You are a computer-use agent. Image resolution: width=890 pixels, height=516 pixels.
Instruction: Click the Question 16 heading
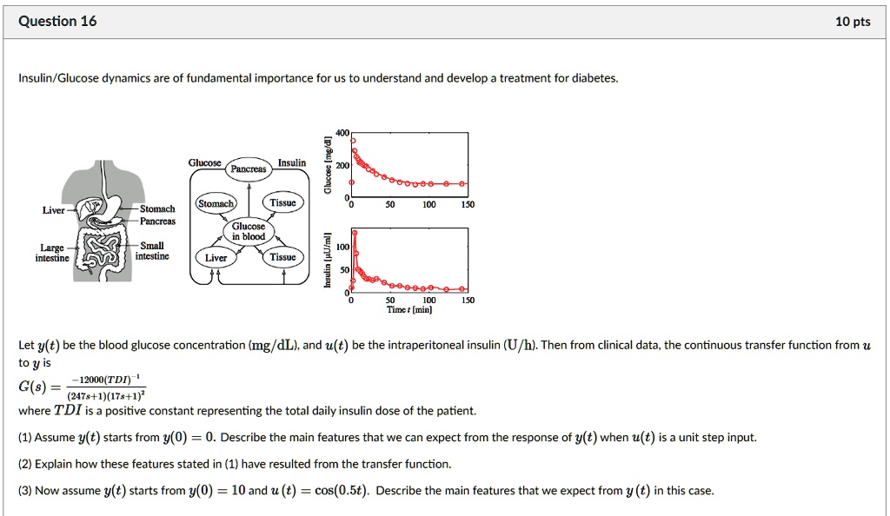click(57, 22)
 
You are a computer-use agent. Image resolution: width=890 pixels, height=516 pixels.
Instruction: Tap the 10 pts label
click(852, 22)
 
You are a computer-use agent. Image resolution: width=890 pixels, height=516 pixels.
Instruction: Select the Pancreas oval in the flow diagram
click(248, 169)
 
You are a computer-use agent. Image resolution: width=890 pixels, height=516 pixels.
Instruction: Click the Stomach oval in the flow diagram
click(215, 203)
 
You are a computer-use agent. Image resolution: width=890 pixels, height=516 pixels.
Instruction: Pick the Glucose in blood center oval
click(248, 231)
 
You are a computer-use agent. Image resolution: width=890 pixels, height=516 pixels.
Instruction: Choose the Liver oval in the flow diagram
click(216, 257)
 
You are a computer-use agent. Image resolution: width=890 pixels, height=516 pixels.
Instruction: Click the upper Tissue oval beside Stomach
click(283, 202)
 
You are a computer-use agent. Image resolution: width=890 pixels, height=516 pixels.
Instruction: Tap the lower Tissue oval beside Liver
click(282, 257)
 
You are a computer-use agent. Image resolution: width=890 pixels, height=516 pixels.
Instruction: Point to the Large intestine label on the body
click(51, 252)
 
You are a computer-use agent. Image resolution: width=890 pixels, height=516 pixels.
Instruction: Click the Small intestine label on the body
click(152, 251)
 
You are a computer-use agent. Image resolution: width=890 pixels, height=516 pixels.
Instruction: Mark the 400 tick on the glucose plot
click(342, 133)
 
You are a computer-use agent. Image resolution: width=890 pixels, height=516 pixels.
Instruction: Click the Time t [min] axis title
click(409, 309)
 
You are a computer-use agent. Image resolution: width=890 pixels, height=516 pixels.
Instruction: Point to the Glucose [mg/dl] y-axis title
click(328, 165)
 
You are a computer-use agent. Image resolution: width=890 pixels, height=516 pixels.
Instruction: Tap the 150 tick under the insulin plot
click(468, 300)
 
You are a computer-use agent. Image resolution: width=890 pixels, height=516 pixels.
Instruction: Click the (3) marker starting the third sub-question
click(24, 490)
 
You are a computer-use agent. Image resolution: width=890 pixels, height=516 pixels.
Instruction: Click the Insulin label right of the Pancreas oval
click(291, 162)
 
